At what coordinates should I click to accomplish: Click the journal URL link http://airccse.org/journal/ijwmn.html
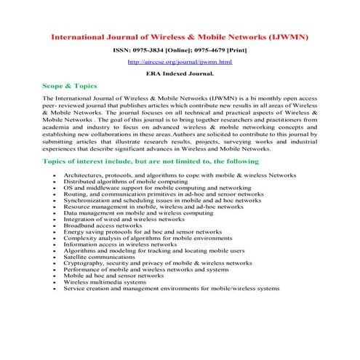coord(180,63)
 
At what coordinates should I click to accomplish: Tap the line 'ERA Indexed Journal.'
coord(180,74)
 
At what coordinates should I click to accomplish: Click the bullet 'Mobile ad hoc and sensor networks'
coord(113,275)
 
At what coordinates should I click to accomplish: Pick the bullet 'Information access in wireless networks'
coord(120,244)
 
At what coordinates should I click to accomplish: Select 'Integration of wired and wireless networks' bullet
coord(124,218)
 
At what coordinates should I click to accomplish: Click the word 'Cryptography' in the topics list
coord(84,263)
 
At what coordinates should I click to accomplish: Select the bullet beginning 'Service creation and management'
coord(171,288)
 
